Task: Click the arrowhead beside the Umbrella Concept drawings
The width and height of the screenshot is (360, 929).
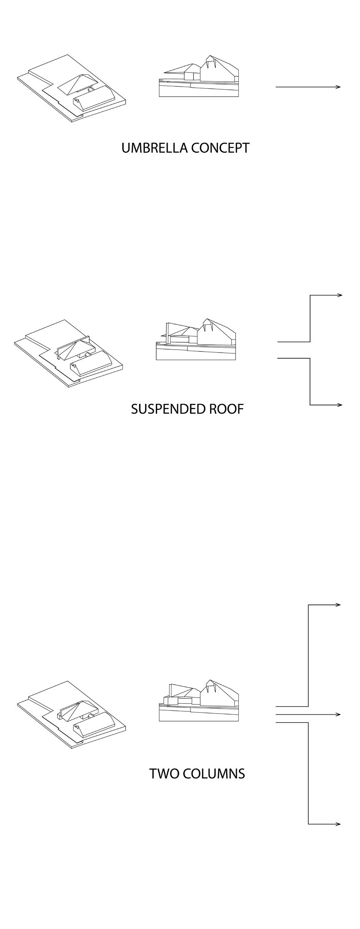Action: click(338, 87)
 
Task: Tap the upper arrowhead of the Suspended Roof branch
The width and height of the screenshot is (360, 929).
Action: click(340, 295)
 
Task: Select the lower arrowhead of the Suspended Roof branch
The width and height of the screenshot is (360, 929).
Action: click(340, 405)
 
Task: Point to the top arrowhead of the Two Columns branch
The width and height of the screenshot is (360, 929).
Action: click(338, 605)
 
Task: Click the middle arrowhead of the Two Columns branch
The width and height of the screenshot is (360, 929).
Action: click(338, 714)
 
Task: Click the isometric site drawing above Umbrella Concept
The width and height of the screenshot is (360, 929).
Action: click(71, 88)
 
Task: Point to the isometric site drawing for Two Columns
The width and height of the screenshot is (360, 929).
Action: click(71, 715)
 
